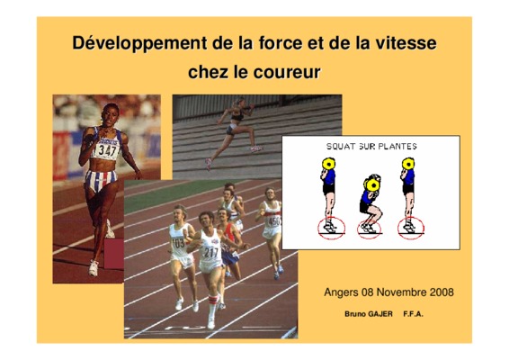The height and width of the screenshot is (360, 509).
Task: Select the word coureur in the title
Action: pos(287,73)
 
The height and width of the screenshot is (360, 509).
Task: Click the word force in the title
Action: pos(281,43)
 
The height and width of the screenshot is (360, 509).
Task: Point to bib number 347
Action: pos(107,150)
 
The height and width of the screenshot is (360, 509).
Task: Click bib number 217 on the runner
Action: pos(211,252)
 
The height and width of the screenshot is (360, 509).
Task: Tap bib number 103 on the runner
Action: pos(178,242)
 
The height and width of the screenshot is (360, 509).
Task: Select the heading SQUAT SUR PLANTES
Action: pos(371,147)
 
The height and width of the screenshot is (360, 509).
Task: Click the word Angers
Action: pos(341,292)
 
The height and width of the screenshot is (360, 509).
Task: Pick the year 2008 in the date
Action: pos(442,292)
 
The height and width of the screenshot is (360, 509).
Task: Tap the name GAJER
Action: pos(380,314)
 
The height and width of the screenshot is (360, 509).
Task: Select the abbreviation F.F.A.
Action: pos(414,314)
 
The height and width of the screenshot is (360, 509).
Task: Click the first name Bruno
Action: pos(355,314)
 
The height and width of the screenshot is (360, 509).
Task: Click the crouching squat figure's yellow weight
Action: pos(372,184)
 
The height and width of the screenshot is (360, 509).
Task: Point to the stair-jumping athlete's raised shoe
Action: pos(256,148)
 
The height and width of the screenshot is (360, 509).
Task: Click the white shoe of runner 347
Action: pos(94,268)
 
